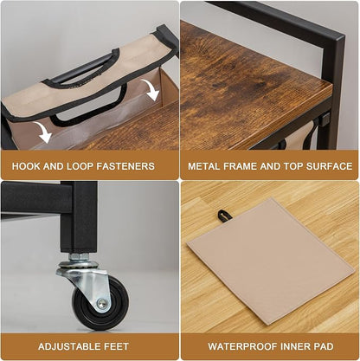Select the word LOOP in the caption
[80, 166]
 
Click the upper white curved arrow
[151, 89]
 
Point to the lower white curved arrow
[42, 132]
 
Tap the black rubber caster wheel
[100, 303]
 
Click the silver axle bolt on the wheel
[102, 303]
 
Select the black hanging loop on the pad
[222, 216]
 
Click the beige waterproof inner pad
[270, 261]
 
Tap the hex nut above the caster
[79, 257]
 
